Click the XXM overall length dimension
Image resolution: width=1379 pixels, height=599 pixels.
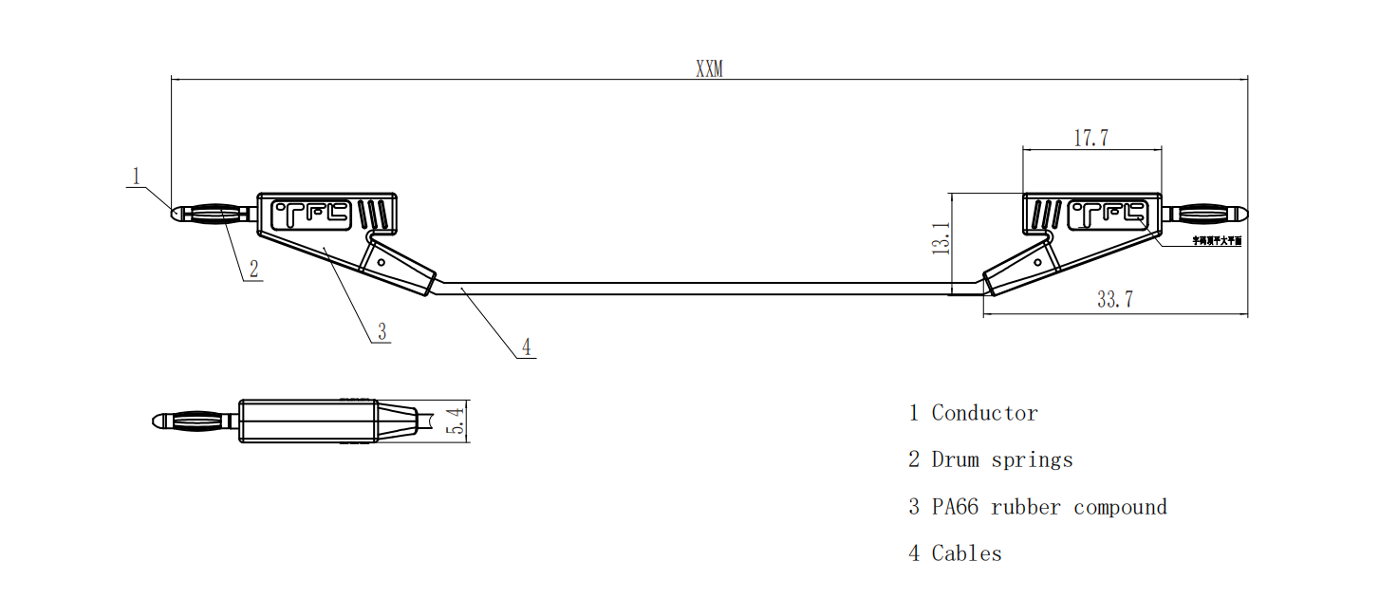pyautogui.click(x=709, y=69)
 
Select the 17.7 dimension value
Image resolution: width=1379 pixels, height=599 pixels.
pyautogui.click(x=1091, y=138)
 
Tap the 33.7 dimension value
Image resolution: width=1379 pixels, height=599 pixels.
pyautogui.click(x=1115, y=300)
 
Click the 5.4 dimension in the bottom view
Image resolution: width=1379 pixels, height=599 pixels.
pyautogui.click(x=456, y=421)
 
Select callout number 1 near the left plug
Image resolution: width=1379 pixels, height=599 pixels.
pyautogui.click(x=136, y=176)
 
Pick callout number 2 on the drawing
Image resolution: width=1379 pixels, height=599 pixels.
pyautogui.click(x=253, y=269)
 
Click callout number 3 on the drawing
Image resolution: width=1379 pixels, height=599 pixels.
pyautogui.click(x=382, y=331)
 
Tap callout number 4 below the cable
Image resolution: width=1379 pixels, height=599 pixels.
pyautogui.click(x=526, y=347)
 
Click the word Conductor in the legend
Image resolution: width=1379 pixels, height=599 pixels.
pyautogui.click(x=984, y=413)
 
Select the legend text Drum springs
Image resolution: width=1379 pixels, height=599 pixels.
pyautogui.click(x=1002, y=460)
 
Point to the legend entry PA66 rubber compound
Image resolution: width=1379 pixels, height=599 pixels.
pyautogui.click(x=1049, y=507)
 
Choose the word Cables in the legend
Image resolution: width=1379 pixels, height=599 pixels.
pyautogui.click(x=966, y=553)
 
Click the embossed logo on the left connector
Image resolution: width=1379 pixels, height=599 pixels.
pyautogui.click(x=312, y=215)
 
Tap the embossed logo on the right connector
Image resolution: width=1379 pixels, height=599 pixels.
pyautogui.click(x=1109, y=215)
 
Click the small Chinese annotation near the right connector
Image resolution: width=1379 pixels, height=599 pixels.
pyautogui.click(x=1217, y=241)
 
